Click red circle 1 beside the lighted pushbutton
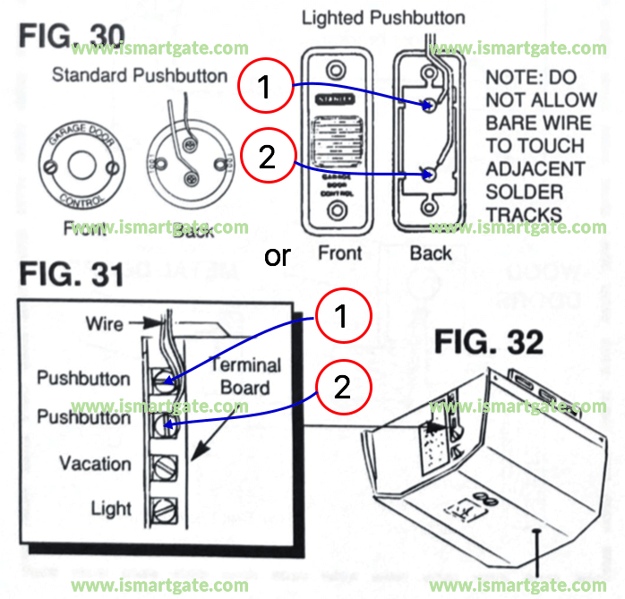pos(264,88)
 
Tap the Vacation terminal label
pos(95,464)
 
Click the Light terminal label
pos(111,509)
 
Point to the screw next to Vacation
pos(162,466)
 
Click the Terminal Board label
pos(244,376)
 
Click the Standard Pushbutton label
pos(140,74)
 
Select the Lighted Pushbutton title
pos(383,18)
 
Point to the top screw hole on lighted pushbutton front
pos(336,69)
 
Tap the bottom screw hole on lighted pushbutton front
pos(336,211)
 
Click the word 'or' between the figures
pos(278,256)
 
